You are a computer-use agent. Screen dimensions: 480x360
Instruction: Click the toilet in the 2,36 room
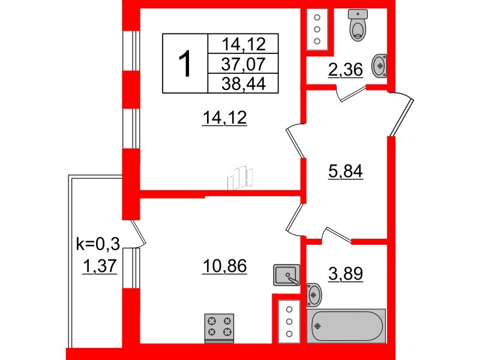coord(358,25)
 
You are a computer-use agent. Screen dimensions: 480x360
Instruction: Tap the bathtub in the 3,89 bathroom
coord(346,326)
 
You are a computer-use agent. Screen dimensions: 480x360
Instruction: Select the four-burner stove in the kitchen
coord(219,328)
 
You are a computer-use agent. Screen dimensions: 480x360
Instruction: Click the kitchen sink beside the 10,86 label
coord(287,275)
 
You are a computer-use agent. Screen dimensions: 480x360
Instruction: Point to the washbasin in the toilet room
coord(379,65)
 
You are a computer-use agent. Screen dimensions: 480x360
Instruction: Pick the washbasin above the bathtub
coord(314,295)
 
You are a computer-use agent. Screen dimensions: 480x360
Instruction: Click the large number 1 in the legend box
coord(185,64)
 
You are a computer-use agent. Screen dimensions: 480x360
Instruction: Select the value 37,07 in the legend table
coord(244,64)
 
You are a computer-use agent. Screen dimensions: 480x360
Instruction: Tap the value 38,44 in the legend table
coord(244,83)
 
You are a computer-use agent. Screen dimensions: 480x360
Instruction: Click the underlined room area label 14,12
coord(224,118)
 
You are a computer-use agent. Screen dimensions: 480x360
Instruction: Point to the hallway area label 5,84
coord(346,172)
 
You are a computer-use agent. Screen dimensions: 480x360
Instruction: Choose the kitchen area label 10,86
coord(224,266)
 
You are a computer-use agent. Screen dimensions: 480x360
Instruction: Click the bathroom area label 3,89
coord(346,274)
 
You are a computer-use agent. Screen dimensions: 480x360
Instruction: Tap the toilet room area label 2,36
coord(346,70)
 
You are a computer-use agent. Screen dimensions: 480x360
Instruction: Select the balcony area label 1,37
coord(100,266)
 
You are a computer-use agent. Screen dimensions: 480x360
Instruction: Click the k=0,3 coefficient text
coord(98,244)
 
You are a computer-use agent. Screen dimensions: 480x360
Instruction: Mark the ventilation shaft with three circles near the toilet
coord(317,29)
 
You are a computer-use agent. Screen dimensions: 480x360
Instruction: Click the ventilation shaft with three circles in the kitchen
coord(289,322)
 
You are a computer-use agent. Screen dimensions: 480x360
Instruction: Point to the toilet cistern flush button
coord(358,14)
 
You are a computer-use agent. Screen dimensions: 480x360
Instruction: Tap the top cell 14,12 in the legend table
coord(244,44)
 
